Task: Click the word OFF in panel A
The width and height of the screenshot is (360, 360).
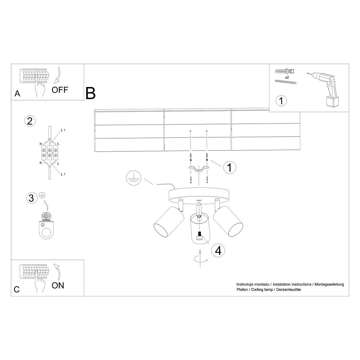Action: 60,89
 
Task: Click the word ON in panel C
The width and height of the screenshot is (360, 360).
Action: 58,285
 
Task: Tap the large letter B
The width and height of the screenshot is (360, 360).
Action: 90,93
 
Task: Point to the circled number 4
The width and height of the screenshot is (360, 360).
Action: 218,250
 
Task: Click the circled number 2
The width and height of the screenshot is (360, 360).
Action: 29,121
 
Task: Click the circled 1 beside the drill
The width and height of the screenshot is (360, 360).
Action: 281,100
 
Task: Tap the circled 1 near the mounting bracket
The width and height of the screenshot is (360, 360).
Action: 229,167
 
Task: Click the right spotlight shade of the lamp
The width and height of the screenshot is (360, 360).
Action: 229,220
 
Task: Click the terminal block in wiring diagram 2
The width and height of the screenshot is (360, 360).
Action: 49,151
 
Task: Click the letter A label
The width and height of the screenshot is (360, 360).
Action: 17,94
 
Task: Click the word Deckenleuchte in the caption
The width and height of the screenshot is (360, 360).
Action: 289,289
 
